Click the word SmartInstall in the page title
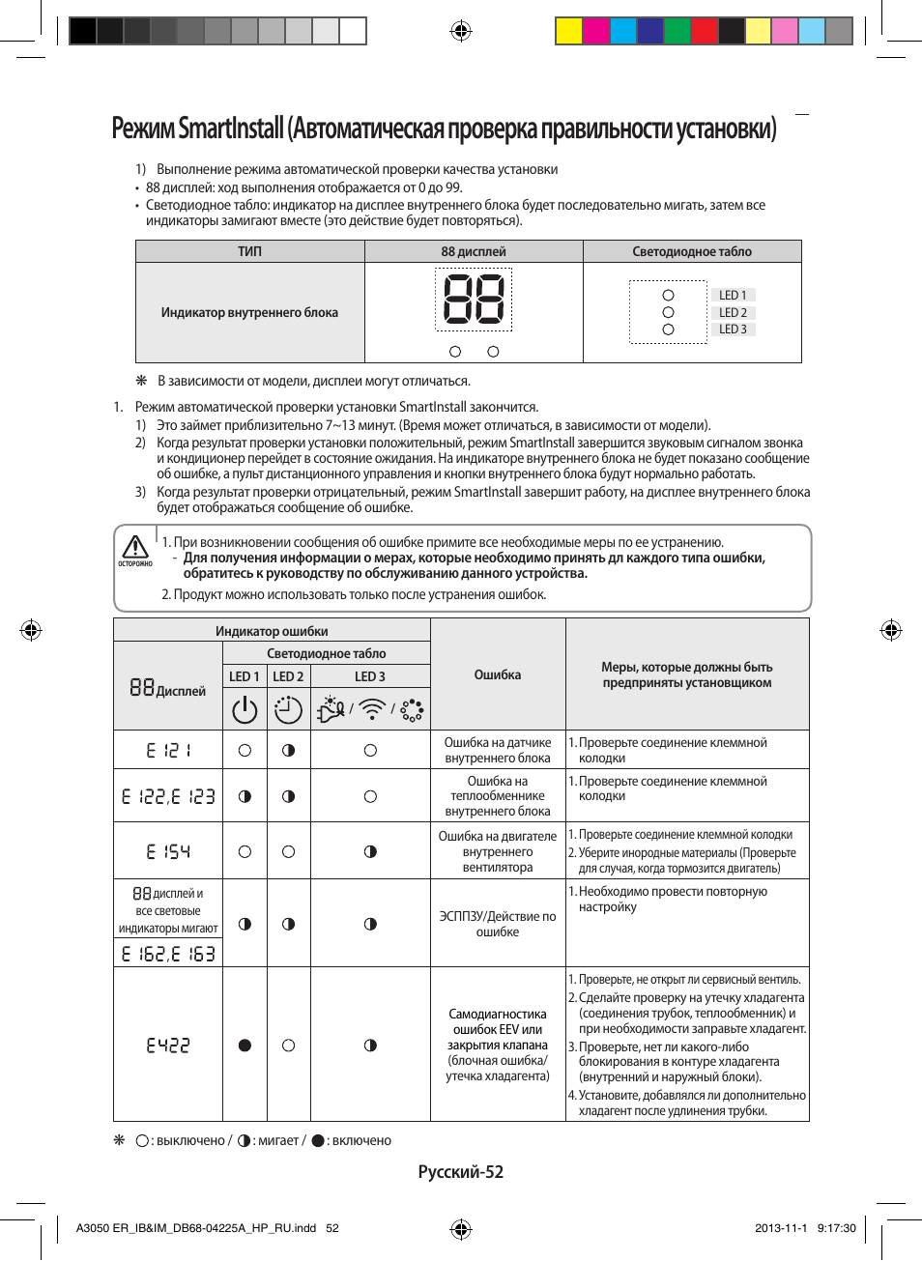tap(231, 129)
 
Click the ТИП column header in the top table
tap(249, 251)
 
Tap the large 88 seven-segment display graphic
tap(474, 299)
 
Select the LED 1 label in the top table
tap(733, 295)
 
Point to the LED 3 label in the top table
tap(733, 330)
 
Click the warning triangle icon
tap(135, 547)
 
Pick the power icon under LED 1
tap(245, 709)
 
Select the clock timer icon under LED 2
tap(288, 709)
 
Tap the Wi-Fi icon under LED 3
tap(371, 709)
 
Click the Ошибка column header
tap(498, 674)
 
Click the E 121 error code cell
tap(168, 750)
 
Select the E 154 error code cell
tap(168, 851)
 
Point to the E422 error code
tap(168, 1046)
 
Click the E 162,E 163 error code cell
tap(168, 954)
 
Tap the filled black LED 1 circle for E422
tap(245, 1046)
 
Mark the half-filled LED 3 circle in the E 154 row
tap(370, 851)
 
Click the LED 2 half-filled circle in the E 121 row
tap(288, 750)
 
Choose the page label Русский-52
tap(461, 1172)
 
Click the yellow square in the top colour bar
tap(568, 31)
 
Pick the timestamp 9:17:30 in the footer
tap(836, 1228)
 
